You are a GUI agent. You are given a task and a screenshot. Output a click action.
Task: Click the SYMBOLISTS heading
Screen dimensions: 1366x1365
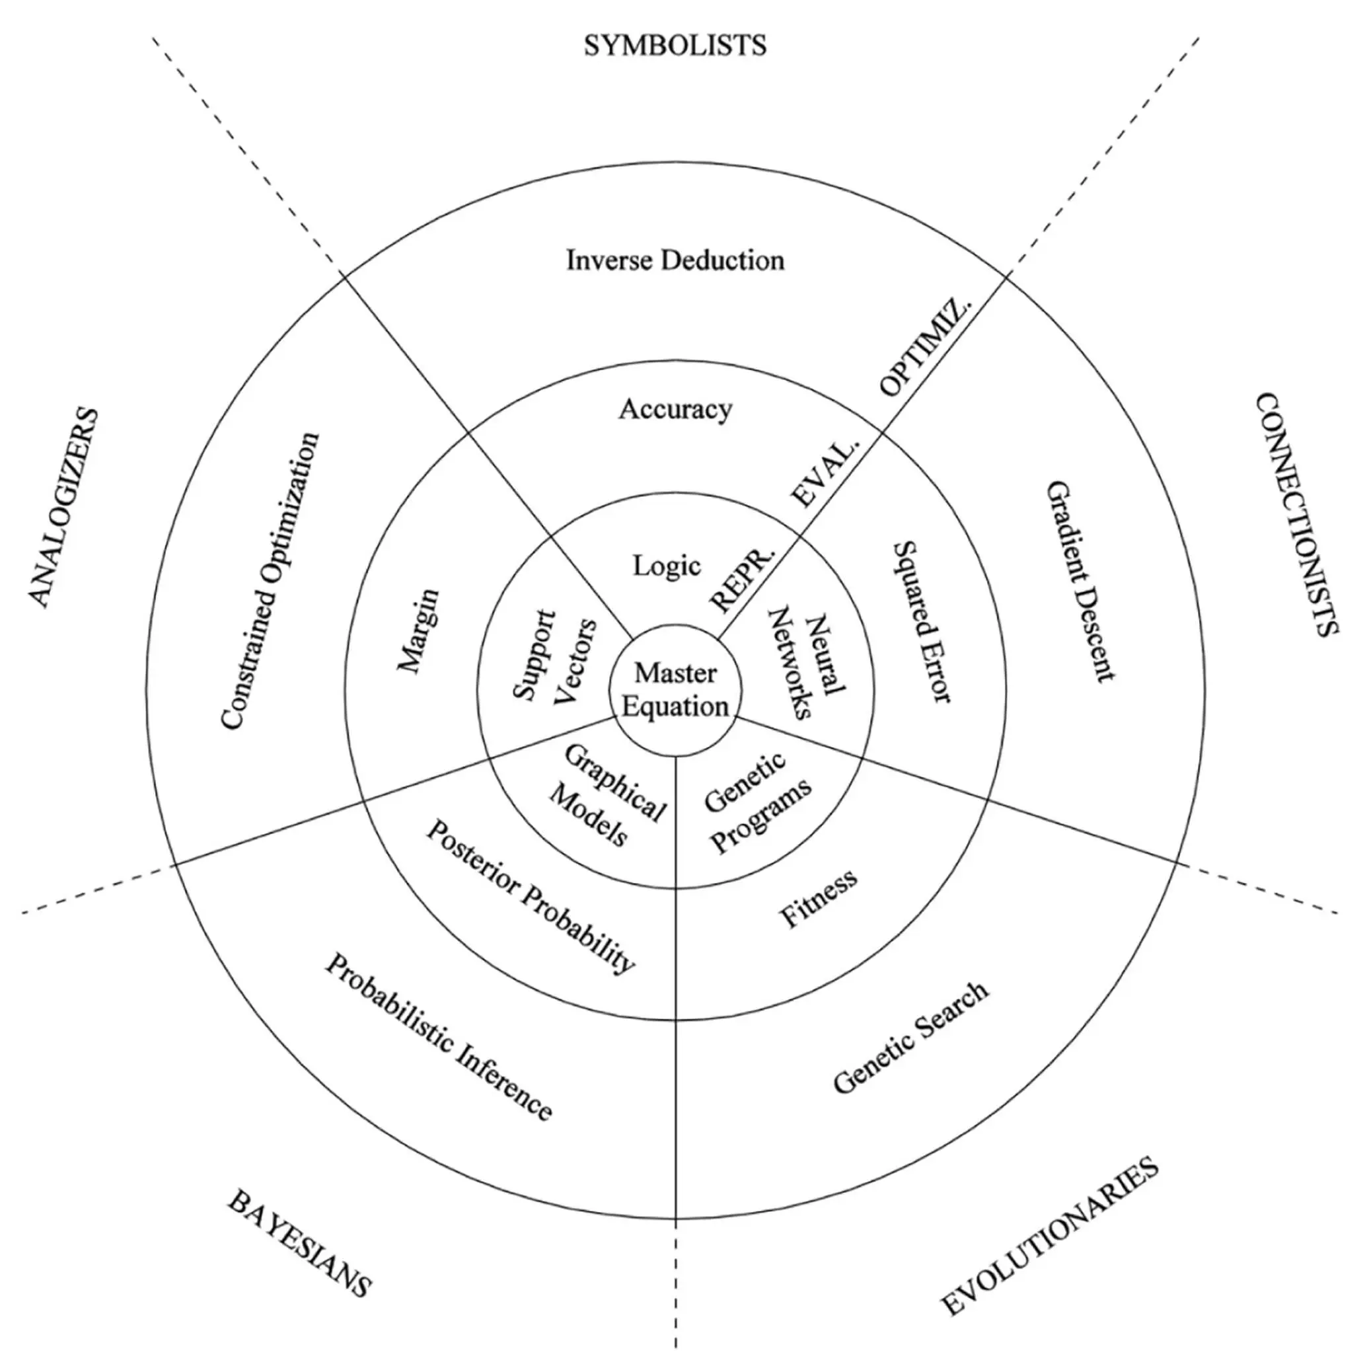(x=675, y=45)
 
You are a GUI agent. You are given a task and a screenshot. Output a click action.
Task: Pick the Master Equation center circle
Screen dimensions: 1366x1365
(x=676, y=690)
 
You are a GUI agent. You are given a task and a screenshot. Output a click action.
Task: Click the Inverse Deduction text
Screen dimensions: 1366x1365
(x=675, y=260)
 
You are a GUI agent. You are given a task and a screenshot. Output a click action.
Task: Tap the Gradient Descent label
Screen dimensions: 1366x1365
(x=1080, y=581)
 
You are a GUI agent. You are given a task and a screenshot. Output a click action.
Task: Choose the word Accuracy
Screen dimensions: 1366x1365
(x=675, y=409)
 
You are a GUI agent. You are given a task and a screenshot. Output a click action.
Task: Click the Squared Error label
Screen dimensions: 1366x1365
(x=923, y=622)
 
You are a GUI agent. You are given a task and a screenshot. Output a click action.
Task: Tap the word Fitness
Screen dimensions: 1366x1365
(x=818, y=898)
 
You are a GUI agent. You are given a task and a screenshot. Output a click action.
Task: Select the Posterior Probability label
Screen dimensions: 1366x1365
(x=530, y=897)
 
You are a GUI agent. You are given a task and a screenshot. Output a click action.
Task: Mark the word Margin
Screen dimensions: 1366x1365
(x=418, y=630)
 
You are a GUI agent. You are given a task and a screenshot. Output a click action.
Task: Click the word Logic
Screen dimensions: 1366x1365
(x=667, y=566)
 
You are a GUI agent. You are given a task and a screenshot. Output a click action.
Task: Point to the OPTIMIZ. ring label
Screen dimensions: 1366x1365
(x=926, y=346)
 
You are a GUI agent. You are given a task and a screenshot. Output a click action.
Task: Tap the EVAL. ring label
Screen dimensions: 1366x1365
(x=826, y=473)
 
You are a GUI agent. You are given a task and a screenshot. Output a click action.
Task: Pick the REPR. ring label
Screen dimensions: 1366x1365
(x=742, y=578)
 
